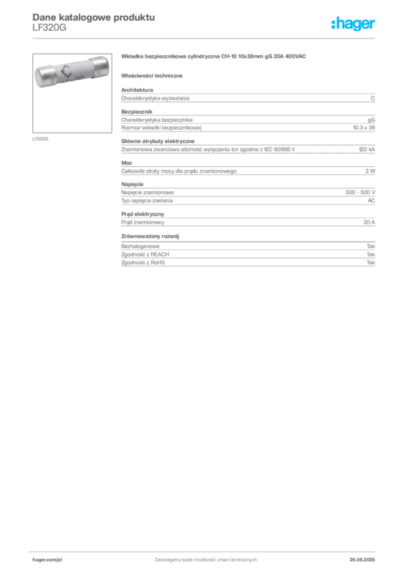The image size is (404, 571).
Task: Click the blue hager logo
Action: (354, 25)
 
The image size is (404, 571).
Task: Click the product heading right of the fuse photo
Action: (215, 58)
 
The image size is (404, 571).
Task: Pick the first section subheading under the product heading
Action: (154, 75)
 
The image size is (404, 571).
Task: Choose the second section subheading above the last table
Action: (152, 236)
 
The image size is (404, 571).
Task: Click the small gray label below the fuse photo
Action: (40, 138)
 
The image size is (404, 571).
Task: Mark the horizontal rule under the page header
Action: (205, 37)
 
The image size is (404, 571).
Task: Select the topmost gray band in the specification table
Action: (248, 97)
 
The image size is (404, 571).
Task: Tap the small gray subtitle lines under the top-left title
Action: (49, 29)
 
